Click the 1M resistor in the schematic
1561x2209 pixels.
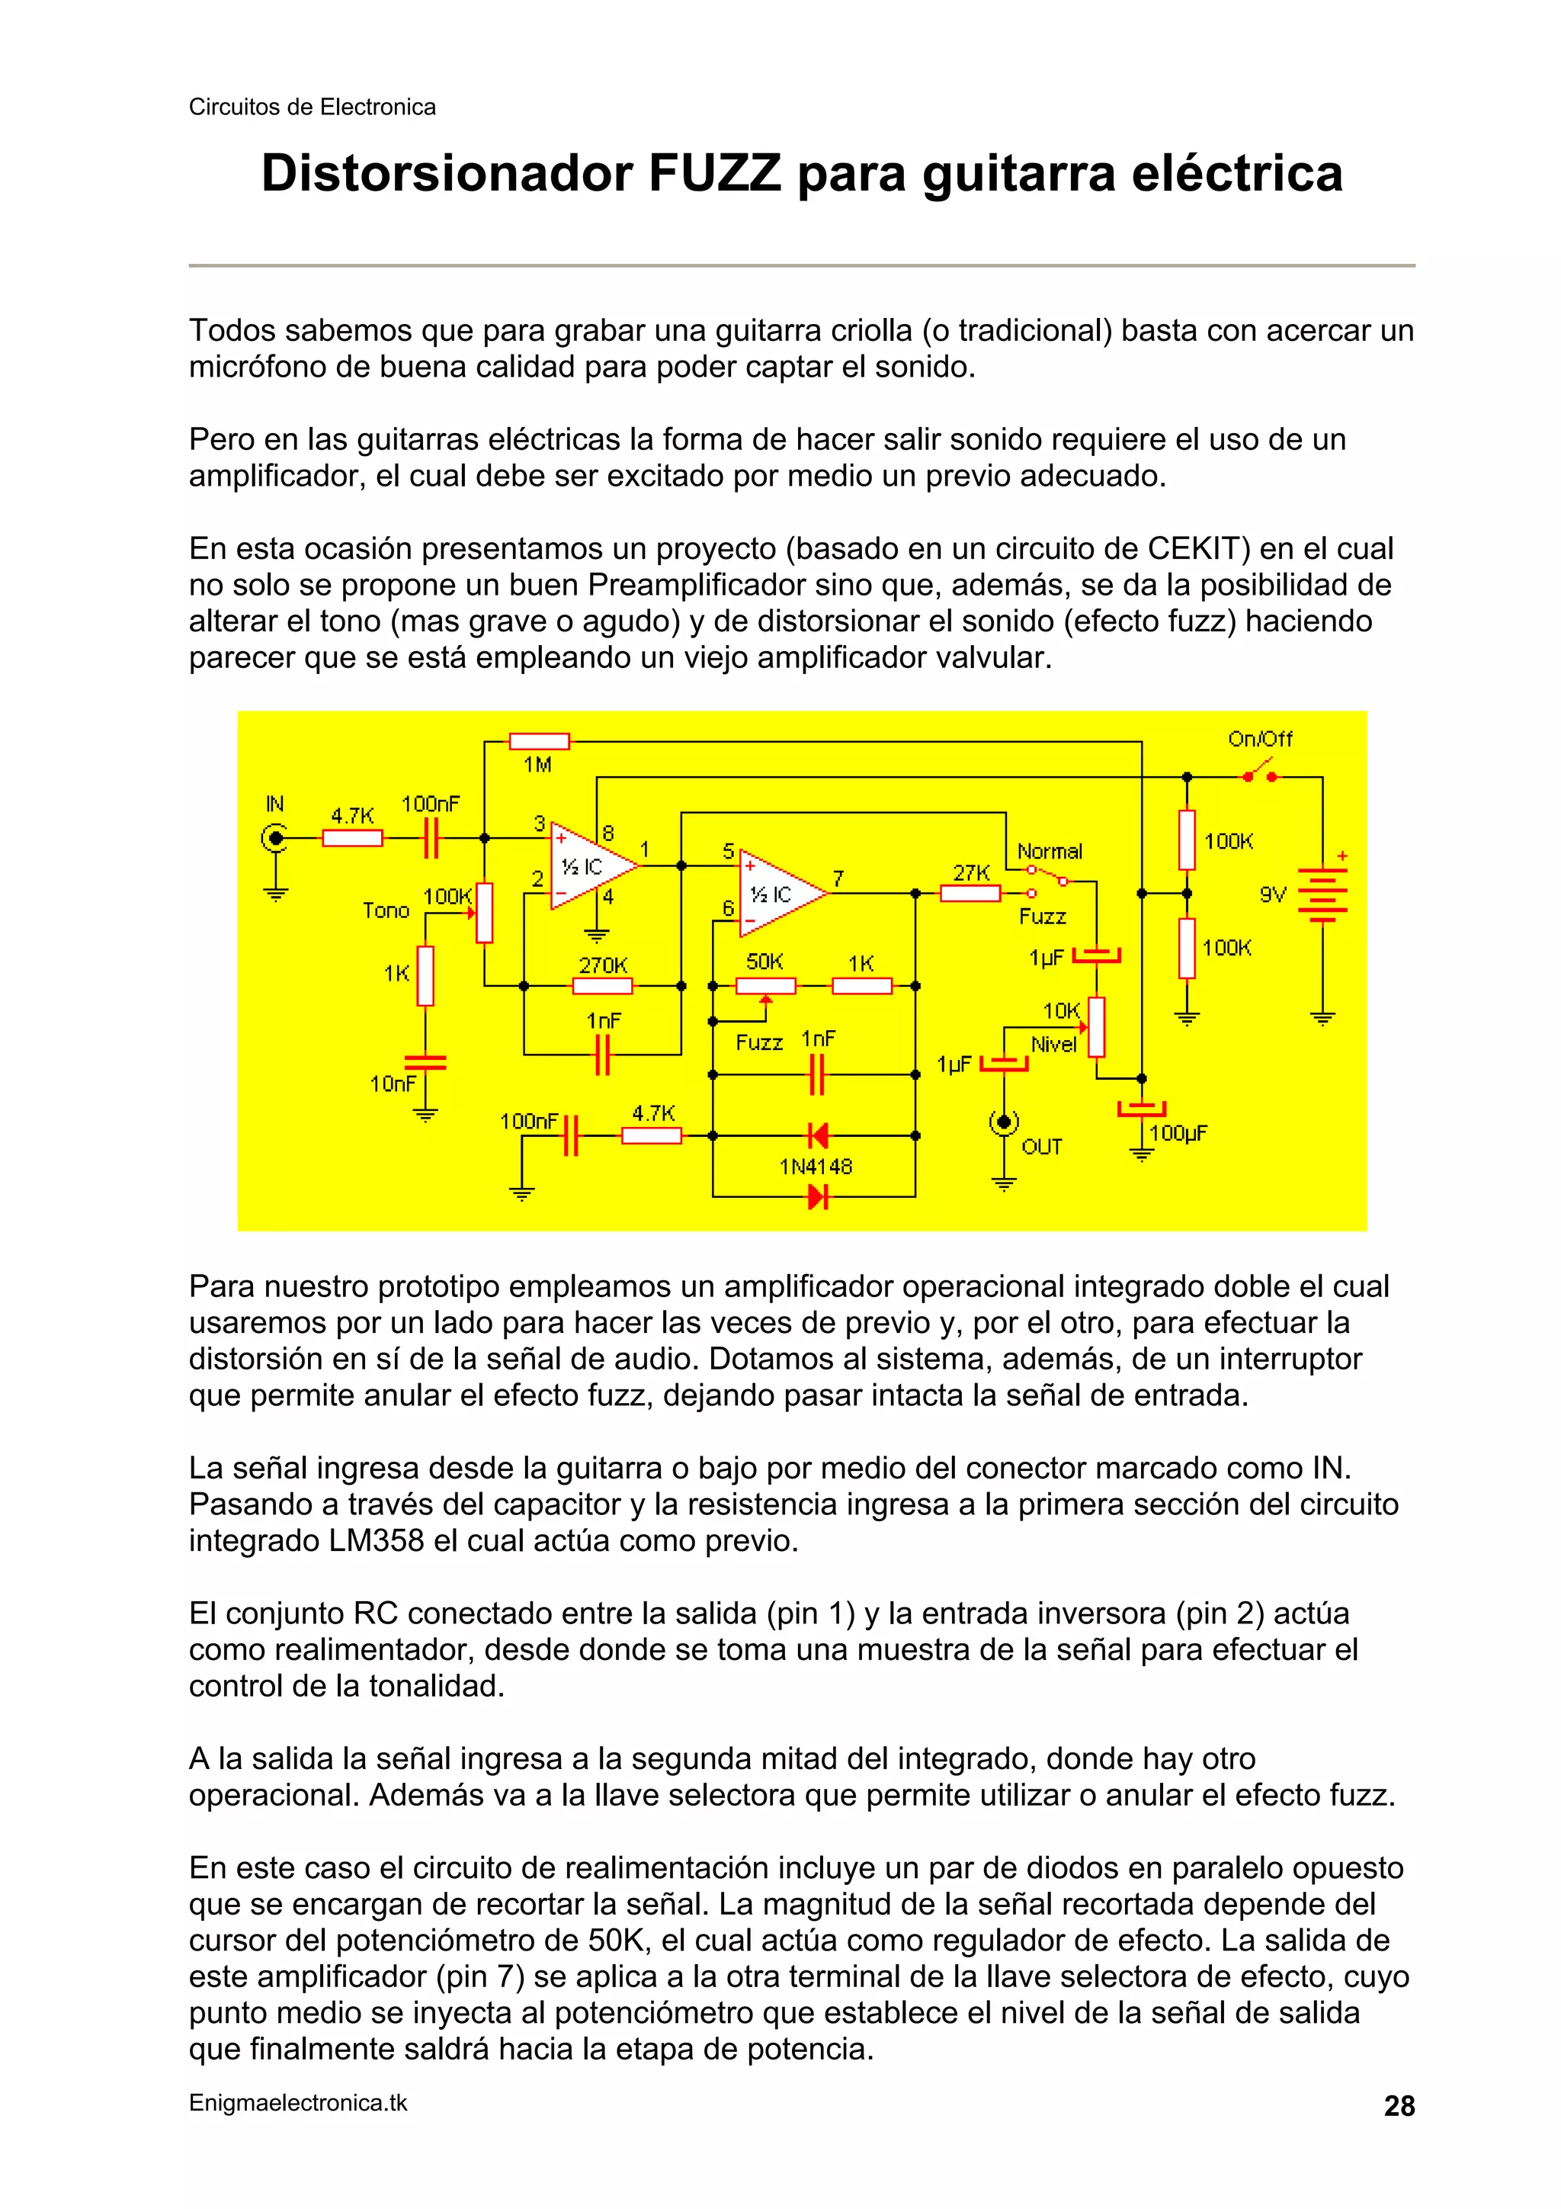pos(539,741)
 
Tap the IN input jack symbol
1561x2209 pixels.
pos(276,838)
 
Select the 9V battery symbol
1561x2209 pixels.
pos(1322,894)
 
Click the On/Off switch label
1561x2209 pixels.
pos(1259,739)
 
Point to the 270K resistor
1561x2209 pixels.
pos(602,986)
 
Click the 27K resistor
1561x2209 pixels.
pos(970,894)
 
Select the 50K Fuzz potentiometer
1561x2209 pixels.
pos(765,986)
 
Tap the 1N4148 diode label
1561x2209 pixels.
pos(816,1167)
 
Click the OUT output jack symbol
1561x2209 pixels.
pos(1004,1122)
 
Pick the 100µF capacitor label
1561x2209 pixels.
pos(1178,1132)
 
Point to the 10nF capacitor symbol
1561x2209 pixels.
pos(425,1062)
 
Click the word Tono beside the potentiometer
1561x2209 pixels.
pos(386,911)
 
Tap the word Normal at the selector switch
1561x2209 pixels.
pos(1050,852)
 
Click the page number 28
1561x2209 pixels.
pos(1399,2106)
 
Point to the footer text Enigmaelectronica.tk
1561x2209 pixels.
pos(298,2103)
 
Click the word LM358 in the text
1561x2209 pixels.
pos(376,1540)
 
